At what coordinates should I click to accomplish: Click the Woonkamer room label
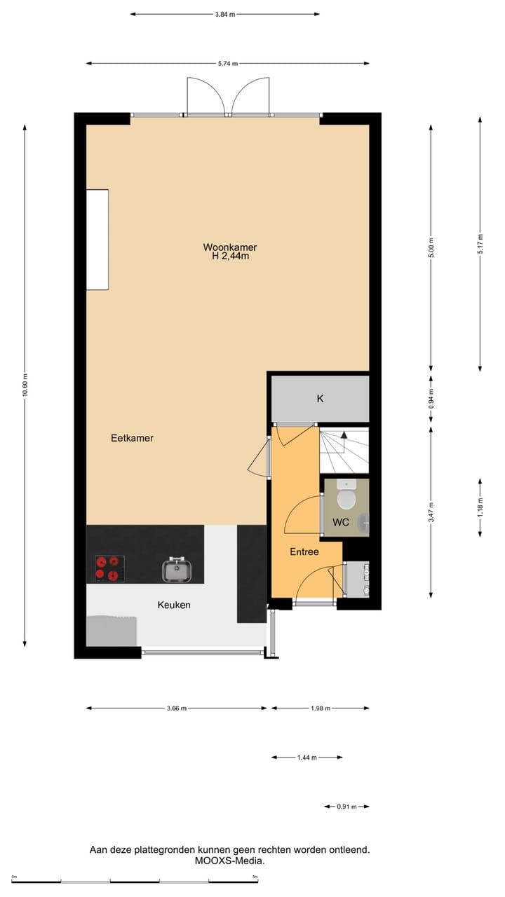pos(230,247)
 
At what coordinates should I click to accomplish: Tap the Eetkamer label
pos(132,438)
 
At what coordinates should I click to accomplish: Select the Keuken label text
pos(174,605)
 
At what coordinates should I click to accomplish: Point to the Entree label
pos(304,552)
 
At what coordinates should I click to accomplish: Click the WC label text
pos(341,523)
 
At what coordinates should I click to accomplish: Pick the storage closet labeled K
pos(321,399)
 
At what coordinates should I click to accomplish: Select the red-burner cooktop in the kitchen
pos(109,568)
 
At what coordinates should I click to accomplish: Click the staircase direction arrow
pos(344,435)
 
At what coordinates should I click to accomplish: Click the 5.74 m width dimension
pos(227,64)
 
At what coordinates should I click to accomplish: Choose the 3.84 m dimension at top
pos(225,14)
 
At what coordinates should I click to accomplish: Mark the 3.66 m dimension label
pos(177,708)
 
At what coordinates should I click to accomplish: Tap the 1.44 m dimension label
pos(307,758)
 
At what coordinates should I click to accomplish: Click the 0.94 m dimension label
pos(431,399)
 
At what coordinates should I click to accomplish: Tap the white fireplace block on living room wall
pos(97,240)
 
